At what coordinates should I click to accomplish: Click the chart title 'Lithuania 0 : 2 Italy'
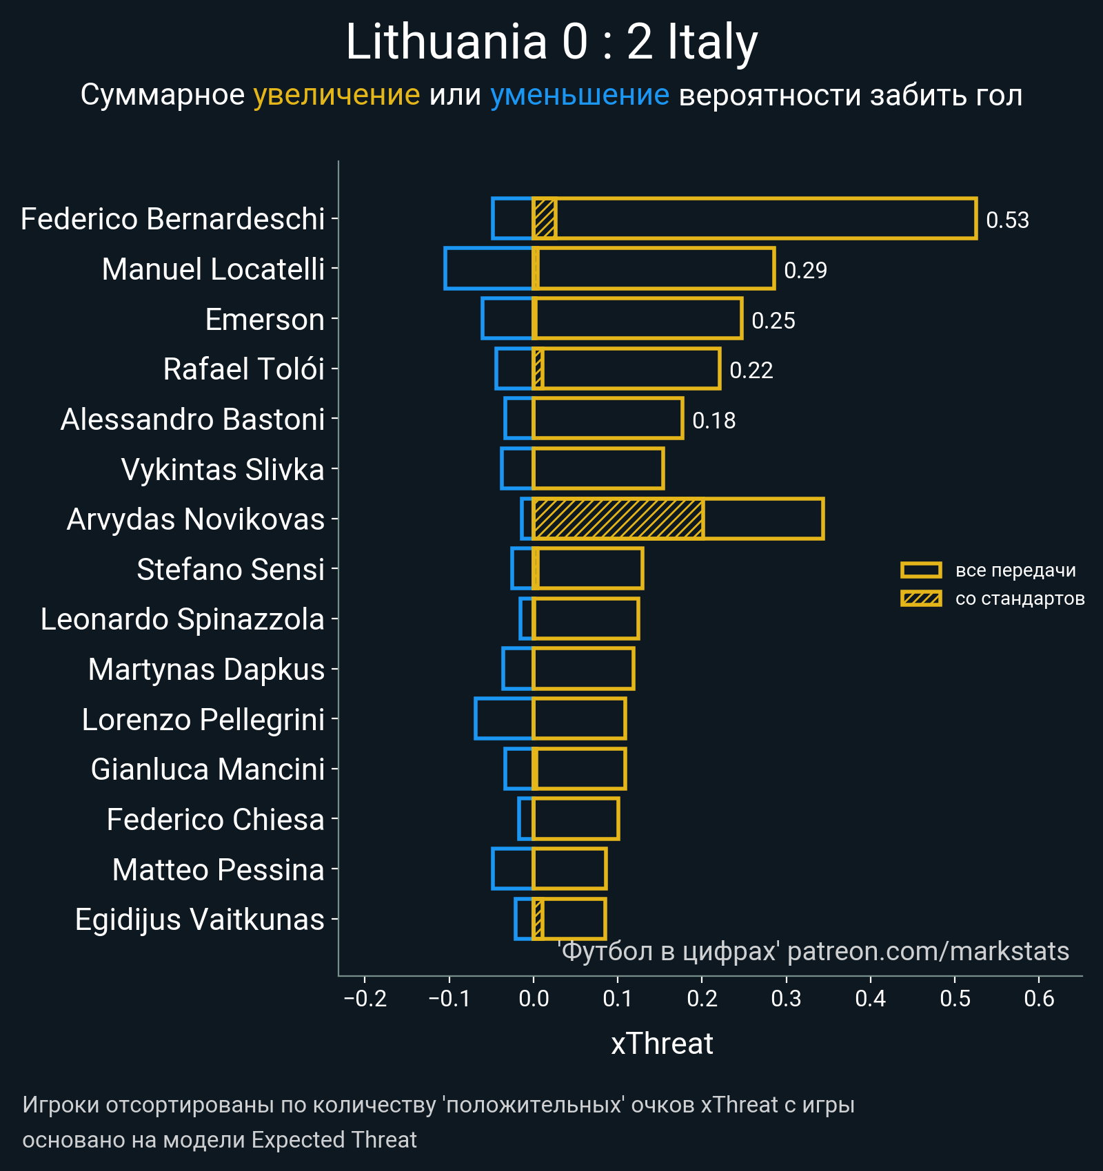pyautogui.click(x=551, y=43)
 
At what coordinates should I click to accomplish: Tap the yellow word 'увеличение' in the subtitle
pyautogui.click(x=336, y=95)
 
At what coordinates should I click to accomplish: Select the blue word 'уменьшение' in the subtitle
pyautogui.click(x=579, y=95)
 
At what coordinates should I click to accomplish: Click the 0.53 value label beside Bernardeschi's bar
pyautogui.click(x=1007, y=220)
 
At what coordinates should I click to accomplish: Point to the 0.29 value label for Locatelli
pyautogui.click(x=805, y=271)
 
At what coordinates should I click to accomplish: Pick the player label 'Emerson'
pyautogui.click(x=265, y=320)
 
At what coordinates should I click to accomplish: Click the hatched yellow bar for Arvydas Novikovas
pyautogui.click(x=618, y=519)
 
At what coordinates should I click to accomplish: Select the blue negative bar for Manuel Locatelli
pyautogui.click(x=489, y=268)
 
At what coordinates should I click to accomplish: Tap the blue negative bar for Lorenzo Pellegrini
pyautogui.click(x=504, y=718)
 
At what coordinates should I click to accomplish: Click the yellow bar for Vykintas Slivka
pyautogui.click(x=598, y=468)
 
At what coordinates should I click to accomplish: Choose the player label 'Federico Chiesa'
pyautogui.click(x=215, y=820)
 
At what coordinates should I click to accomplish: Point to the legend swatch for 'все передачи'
pyautogui.click(x=921, y=570)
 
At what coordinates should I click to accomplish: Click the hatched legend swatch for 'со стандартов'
pyautogui.click(x=921, y=598)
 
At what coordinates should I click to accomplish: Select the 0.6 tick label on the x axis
pyautogui.click(x=1039, y=998)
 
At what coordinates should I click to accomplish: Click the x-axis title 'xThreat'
pyautogui.click(x=662, y=1044)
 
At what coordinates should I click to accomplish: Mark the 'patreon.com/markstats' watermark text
pyautogui.click(x=928, y=951)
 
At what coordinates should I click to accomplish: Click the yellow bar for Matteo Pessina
pyautogui.click(x=569, y=869)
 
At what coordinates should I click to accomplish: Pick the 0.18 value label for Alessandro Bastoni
pyautogui.click(x=714, y=421)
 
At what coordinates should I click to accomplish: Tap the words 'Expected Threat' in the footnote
pyautogui.click(x=334, y=1140)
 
